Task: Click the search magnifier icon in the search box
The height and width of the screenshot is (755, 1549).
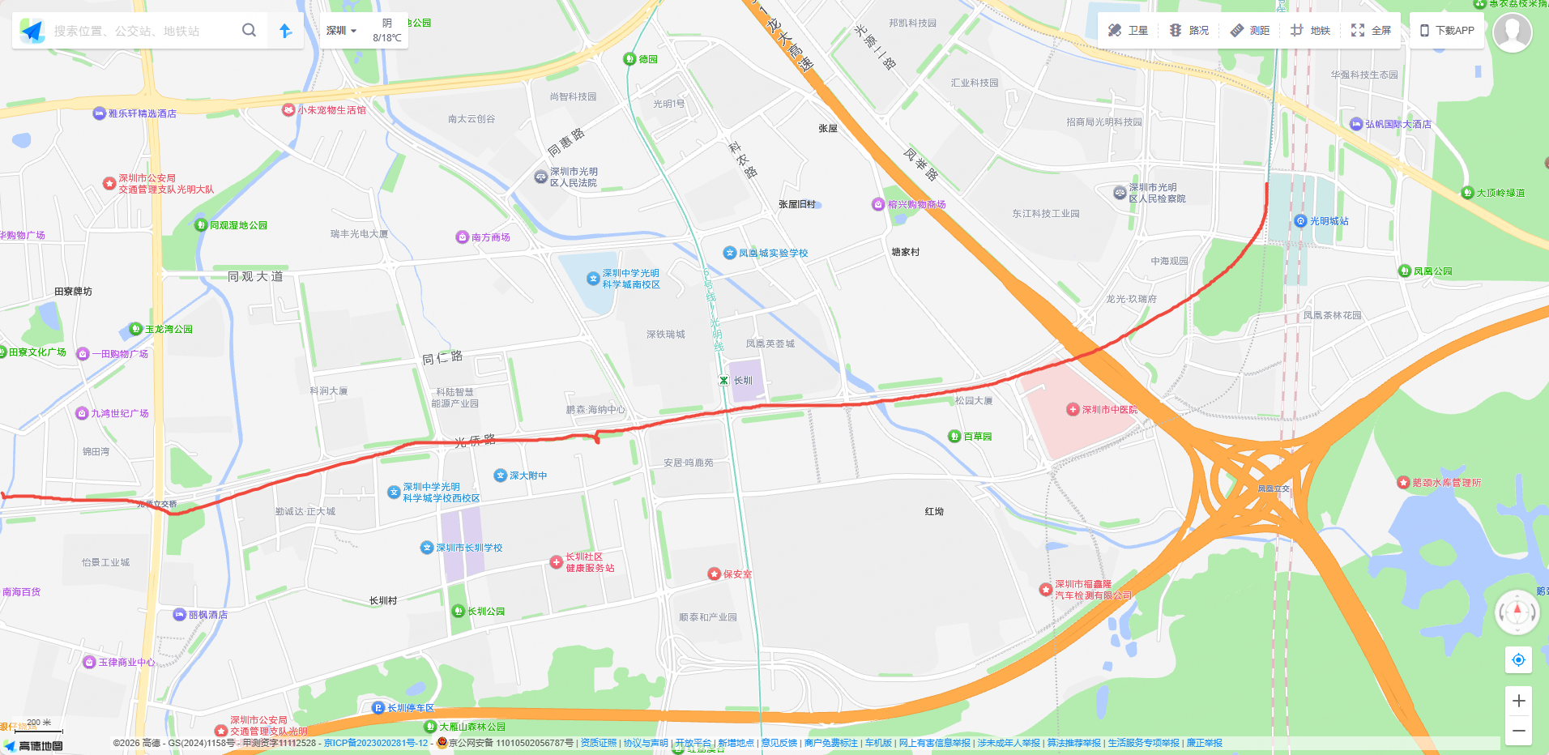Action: point(249,30)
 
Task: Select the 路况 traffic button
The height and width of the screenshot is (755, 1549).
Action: point(1188,31)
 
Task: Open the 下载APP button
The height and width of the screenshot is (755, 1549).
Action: point(1447,31)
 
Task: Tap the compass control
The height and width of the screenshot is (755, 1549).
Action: point(1517,612)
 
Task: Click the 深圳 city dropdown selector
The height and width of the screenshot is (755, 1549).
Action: point(341,31)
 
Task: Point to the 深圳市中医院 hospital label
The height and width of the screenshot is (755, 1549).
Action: point(1109,410)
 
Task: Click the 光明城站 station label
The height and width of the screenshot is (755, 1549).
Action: point(1329,221)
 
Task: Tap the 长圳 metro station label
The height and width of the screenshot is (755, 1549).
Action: point(742,381)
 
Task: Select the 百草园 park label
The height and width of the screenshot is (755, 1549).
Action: point(976,437)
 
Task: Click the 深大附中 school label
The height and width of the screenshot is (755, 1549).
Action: point(527,476)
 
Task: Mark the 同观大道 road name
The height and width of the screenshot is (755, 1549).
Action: point(255,277)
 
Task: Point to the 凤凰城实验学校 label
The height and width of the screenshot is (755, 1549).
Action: point(772,254)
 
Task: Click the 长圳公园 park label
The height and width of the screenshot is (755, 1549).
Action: point(485,612)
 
